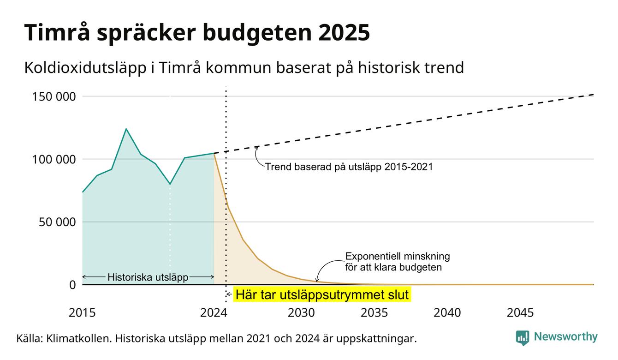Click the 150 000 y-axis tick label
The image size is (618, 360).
[54, 96]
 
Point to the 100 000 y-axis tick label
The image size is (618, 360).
[54, 159]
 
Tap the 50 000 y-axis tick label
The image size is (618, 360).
[57, 222]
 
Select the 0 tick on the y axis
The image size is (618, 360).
[72, 285]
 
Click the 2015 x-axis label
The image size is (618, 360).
[82, 313]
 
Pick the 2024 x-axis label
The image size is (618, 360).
[214, 313]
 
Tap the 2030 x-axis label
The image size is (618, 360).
[301, 313]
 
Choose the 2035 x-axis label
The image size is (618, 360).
[374, 313]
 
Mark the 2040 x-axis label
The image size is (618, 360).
[447, 313]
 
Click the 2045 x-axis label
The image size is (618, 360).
[520, 313]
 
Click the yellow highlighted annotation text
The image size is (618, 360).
[322, 294]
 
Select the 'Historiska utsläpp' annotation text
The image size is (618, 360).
[148, 277]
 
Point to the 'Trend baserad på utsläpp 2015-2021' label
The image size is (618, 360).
[349, 167]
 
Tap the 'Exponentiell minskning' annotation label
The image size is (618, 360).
[398, 257]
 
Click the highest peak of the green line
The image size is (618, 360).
[126, 129]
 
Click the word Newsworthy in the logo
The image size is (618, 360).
[566, 337]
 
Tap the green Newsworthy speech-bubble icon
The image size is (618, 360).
[522, 338]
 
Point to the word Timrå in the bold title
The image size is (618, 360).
[57, 32]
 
